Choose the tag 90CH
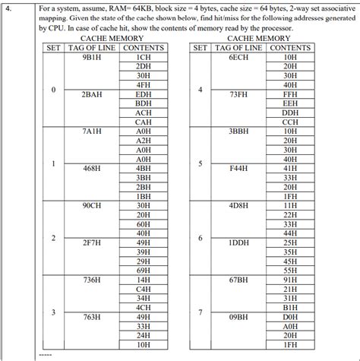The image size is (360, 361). coord(92,204)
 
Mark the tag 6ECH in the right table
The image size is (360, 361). coord(239,56)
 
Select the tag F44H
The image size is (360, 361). coord(239,168)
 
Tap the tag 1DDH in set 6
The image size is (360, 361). coord(239,242)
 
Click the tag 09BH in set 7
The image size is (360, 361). coord(239,316)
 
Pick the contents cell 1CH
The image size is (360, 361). coord(143,56)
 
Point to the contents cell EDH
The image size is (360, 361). coord(143,93)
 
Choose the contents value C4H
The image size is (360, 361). coord(143,289)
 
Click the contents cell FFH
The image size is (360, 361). coord(290,93)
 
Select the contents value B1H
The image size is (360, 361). coord(290,307)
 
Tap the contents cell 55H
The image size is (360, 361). coord(290,269)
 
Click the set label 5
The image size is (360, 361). coord(200,163)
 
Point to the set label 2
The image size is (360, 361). coord(53,238)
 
